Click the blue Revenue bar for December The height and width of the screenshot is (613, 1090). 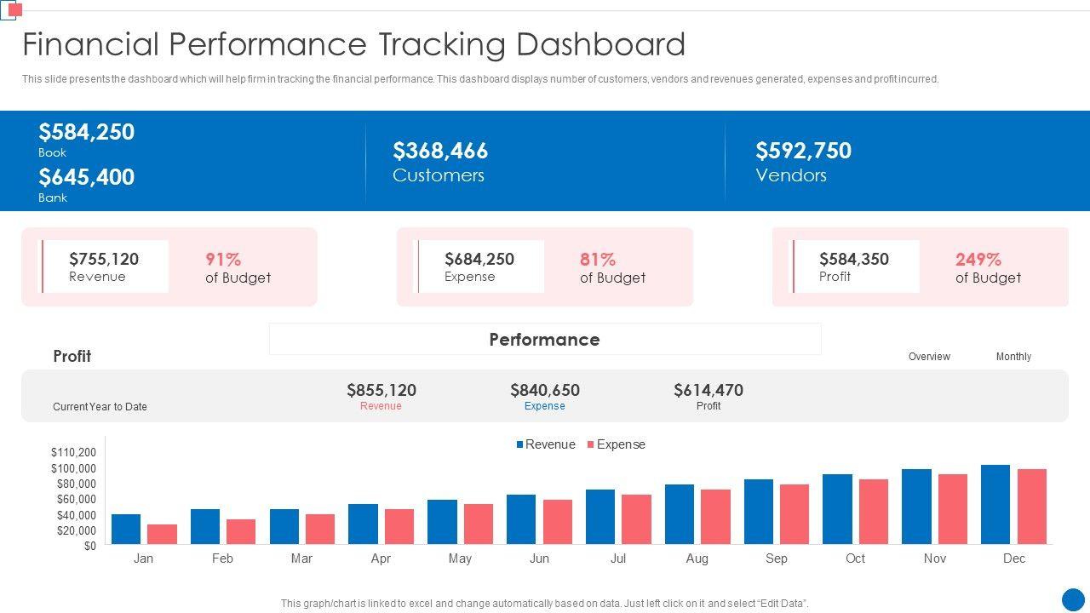[995, 504]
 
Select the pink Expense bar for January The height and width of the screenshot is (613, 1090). [162, 534]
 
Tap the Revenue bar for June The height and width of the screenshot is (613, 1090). [521, 519]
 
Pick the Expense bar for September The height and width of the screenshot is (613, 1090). [795, 514]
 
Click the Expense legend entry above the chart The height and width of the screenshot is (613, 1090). [616, 444]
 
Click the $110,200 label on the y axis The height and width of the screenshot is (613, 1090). [73, 452]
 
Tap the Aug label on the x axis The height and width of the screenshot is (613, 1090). [697, 559]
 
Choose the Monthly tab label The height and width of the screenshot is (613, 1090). [1013, 357]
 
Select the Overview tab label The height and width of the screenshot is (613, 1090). [929, 357]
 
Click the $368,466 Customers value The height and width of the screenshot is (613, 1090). [440, 151]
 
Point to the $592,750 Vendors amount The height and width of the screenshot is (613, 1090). [803, 151]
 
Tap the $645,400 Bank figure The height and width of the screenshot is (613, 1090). [86, 177]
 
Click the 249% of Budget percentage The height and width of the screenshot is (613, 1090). [978, 259]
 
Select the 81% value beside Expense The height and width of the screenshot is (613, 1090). [598, 259]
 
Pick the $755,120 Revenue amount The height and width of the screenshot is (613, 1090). [104, 259]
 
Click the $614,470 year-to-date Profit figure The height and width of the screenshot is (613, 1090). [708, 390]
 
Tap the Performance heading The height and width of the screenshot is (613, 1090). [544, 340]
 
